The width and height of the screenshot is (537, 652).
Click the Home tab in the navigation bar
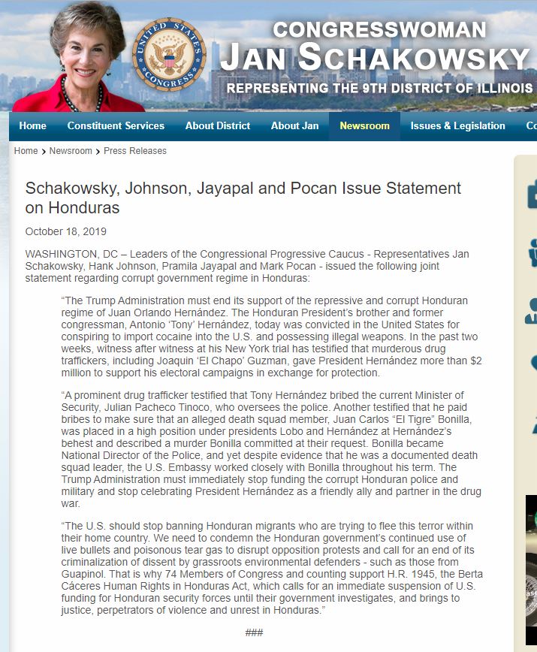(x=32, y=125)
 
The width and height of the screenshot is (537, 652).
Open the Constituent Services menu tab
(x=116, y=125)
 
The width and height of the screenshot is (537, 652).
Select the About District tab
(x=218, y=125)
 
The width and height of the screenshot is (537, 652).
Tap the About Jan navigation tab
(x=294, y=125)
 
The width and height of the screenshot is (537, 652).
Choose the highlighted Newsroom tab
(x=364, y=125)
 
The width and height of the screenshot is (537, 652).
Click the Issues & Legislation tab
(x=457, y=125)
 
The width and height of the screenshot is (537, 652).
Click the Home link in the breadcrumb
(x=26, y=151)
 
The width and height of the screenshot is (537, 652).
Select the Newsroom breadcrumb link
(x=71, y=151)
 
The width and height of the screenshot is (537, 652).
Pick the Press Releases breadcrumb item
(x=135, y=151)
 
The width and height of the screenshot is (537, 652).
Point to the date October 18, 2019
(x=66, y=231)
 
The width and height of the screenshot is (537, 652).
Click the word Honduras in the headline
(x=83, y=207)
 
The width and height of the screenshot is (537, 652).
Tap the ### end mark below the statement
(x=254, y=632)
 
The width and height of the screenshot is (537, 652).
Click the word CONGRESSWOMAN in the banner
(x=379, y=29)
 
